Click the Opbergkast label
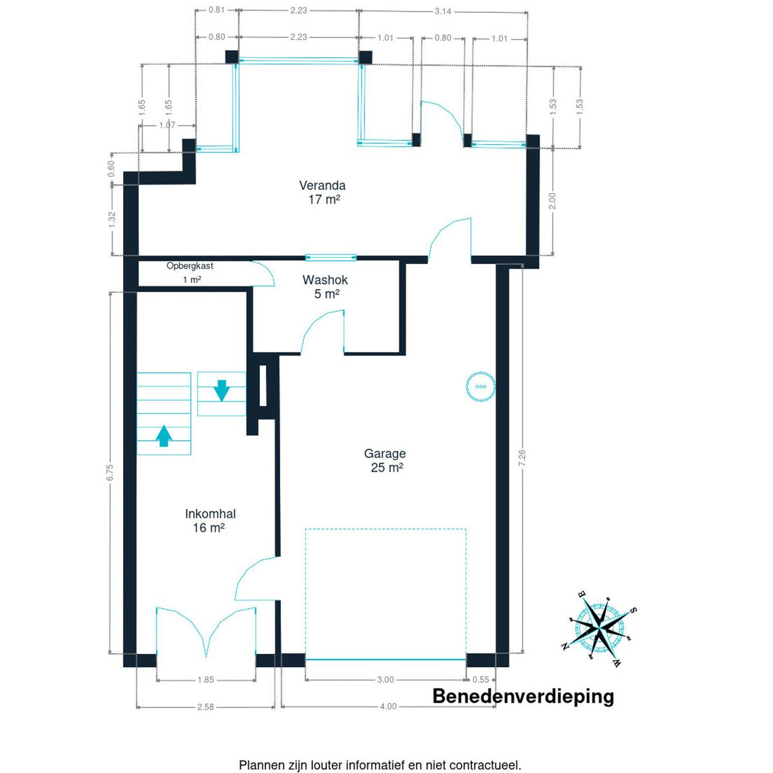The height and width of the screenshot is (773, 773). click(190, 265)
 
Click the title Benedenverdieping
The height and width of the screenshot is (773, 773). click(523, 697)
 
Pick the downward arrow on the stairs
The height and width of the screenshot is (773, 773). click(222, 390)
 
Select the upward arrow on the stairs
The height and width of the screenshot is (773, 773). click(163, 436)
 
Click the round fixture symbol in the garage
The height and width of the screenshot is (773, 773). click(481, 386)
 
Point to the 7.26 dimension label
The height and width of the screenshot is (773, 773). click(522, 458)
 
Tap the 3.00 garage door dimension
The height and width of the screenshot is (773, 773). click(385, 680)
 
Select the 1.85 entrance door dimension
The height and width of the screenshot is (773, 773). click(205, 680)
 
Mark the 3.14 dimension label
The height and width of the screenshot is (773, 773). click(443, 11)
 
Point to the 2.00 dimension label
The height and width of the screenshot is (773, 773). click(552, 200)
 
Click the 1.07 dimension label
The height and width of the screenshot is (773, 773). click(167, 125)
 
